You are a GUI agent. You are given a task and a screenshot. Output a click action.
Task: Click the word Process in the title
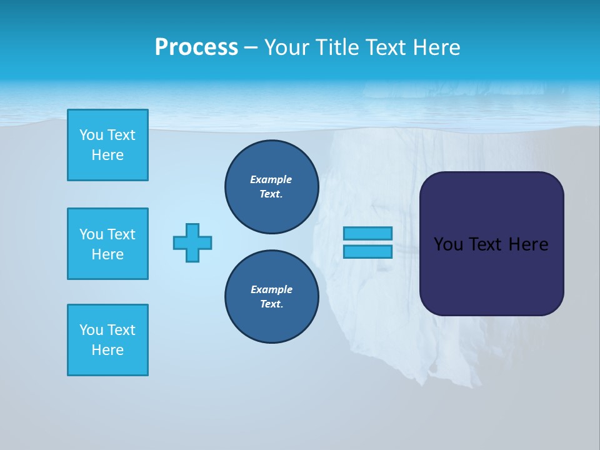tap(196, 47)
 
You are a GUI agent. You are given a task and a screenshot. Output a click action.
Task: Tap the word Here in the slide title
tap(436, 47)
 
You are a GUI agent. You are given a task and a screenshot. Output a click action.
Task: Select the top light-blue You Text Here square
tap(107, 145)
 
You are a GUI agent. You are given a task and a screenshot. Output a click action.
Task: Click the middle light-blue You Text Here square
tap(107, 244)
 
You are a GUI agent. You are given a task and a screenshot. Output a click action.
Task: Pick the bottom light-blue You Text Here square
tap(107, 340)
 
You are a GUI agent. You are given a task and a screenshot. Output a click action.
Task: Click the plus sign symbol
tap(192, 242)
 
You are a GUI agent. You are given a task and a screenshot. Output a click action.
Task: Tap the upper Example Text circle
tap(271, 187)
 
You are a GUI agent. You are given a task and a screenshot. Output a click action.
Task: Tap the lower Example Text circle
tap(271, 297)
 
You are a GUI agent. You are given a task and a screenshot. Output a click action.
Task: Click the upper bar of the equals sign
tap(368, 234)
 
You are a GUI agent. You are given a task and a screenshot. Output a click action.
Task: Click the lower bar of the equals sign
tap(368, 252)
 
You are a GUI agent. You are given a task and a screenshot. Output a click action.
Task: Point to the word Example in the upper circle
tap(271, 179)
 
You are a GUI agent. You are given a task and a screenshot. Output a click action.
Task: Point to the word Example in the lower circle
tap(271, 289)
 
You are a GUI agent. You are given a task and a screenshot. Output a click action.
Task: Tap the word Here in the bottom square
tap(107, 350)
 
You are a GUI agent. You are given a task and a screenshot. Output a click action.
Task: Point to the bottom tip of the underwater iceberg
tap(431, 382)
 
